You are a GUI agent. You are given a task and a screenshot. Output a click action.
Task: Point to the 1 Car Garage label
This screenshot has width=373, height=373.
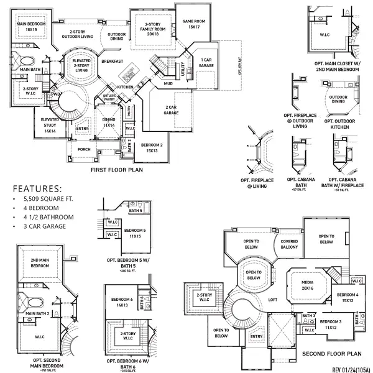[x=206, y=62]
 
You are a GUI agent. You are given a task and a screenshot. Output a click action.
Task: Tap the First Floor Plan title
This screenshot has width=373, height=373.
[x=117, y=169]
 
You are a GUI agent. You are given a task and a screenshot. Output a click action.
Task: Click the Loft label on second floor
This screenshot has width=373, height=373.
[x=272, y=299]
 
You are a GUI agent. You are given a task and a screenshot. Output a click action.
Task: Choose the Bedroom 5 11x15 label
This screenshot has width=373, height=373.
[x=136, y=233]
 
